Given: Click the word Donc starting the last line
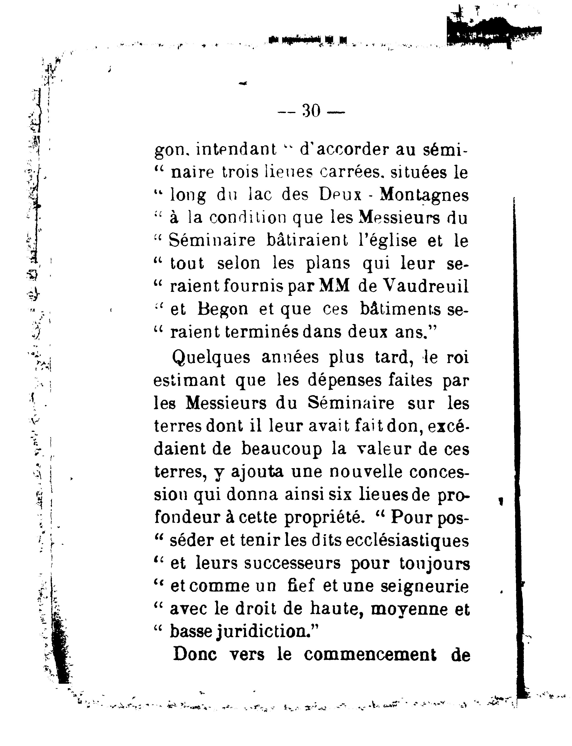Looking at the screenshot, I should pos(195,655).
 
